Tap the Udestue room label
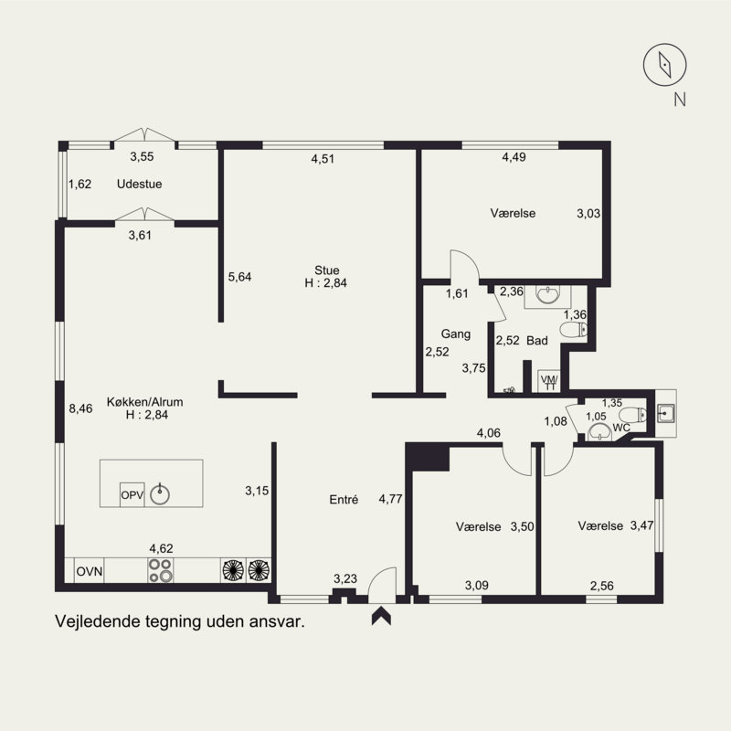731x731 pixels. point(140,185)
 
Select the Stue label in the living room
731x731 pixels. point(327,270)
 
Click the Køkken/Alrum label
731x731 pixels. point(145,402)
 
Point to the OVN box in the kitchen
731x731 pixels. point(89,571)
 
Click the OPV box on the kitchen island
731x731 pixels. point(132,494)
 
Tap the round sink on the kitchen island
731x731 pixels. point(160,494)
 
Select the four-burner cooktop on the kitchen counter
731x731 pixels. point(161,570)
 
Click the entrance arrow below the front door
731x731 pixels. point(381,615)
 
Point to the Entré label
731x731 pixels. point(344,500)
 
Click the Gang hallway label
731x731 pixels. point(455,334)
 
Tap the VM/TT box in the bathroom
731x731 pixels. point(549,381)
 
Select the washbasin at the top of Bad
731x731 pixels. point(547,295)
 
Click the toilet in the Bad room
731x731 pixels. point(574,330)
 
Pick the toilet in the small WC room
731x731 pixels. point(634,415)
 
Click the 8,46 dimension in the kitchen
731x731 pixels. point(80,408)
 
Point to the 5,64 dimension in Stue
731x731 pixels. point(239,277)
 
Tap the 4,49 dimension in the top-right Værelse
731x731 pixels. point(514,157)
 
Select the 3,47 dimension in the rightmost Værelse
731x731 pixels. point(642,525)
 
